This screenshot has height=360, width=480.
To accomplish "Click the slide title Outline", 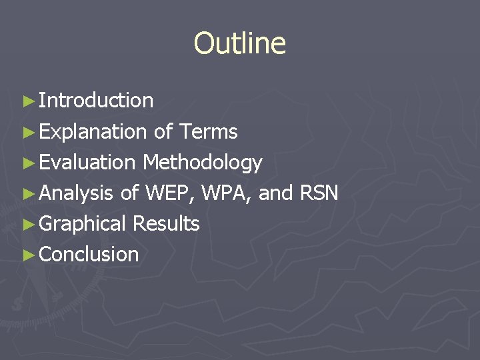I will [x=240, y=44].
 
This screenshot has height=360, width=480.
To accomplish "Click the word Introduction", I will [x=96, y=101].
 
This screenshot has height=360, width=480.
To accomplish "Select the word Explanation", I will [x=93, y=132].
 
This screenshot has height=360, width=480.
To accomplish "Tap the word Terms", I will [x=208, y=132].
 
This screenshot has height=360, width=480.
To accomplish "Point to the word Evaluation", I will [x=87, y=163].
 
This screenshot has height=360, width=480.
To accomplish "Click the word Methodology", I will [x=202, y=163].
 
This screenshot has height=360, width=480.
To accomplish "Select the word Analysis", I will [x=76, y=193].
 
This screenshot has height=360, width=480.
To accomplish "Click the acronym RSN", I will [x=319, y=193].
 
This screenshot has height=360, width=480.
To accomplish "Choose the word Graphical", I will [x=83, y=224].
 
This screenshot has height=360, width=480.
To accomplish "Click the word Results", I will [x=166, y=224].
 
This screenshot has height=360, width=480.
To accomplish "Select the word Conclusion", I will [x=89, y=255].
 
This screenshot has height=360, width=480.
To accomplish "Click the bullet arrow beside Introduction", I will [x=27, y=101].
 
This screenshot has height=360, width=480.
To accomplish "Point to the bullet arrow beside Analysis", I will [x=27, y=194].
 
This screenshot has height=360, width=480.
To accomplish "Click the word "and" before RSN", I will [x=275, y=193].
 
